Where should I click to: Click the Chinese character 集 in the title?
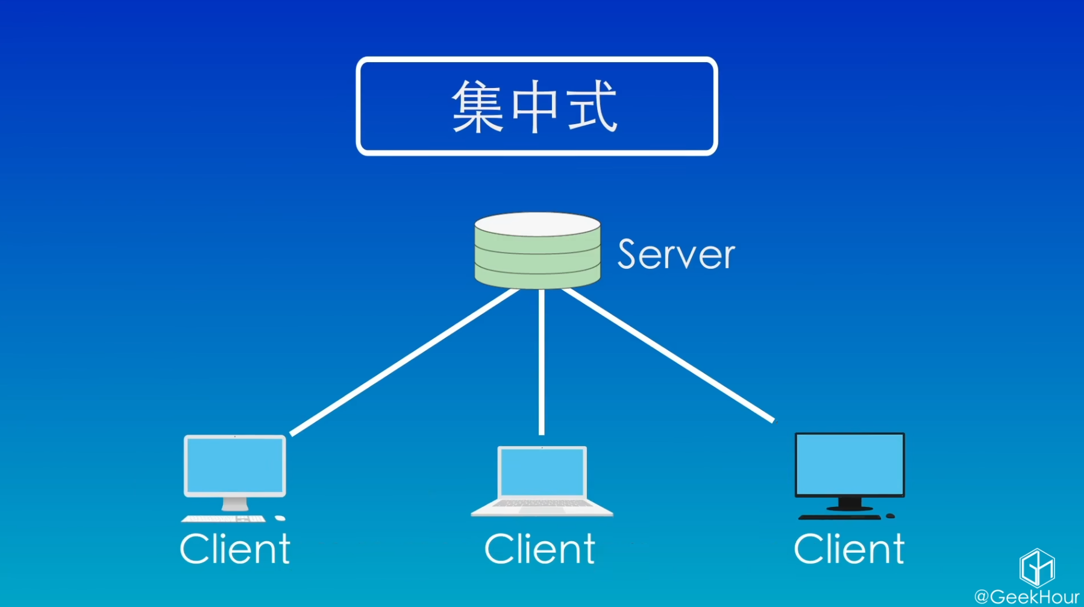coord(477,107)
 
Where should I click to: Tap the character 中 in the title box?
coord(535,107)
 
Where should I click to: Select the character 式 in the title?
coord(592,107)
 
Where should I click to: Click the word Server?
coord(676,254)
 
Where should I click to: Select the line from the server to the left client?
coord(404,362)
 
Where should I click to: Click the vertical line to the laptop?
coord(541,362)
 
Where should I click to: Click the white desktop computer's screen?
coord(234,465)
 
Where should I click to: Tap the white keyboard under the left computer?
coord(223,518)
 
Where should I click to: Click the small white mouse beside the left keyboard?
coord(280,518)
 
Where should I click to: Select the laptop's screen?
coord(542,473)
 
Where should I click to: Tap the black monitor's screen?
coord(850,464)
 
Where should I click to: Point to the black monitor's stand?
coord(850,503)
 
